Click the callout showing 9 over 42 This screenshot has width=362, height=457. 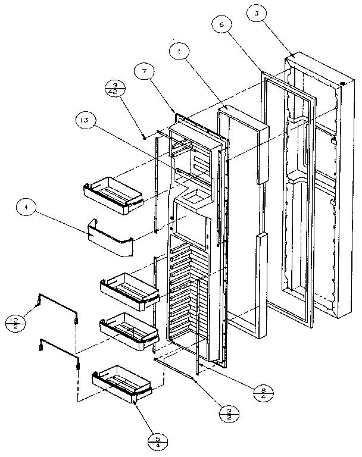point(116,89)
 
